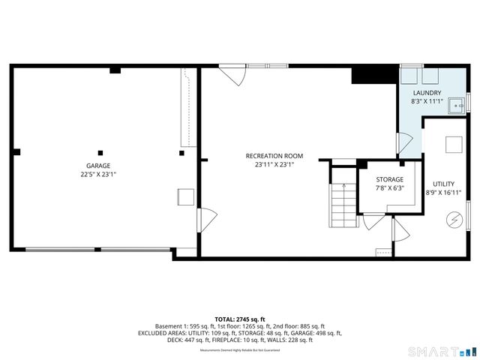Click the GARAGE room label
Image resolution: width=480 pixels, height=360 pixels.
click(97, 165)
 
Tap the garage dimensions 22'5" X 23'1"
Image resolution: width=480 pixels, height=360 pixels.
click(97, 174)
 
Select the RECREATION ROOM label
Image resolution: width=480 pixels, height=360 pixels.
click(268, 156)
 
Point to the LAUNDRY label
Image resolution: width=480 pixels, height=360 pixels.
click(427, 92)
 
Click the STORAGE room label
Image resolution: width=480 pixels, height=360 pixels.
click(389, 179)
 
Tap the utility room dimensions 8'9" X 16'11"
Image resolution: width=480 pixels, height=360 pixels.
click(443, 193)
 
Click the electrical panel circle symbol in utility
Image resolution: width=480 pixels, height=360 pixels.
click(452, 219)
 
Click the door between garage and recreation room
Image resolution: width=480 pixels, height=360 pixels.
click(202, 220)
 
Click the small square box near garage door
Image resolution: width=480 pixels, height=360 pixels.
click(185, 197)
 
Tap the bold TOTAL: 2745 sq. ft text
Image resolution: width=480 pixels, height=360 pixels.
click(240, 319)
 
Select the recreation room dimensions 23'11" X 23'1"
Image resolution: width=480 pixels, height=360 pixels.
click(268, 165)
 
